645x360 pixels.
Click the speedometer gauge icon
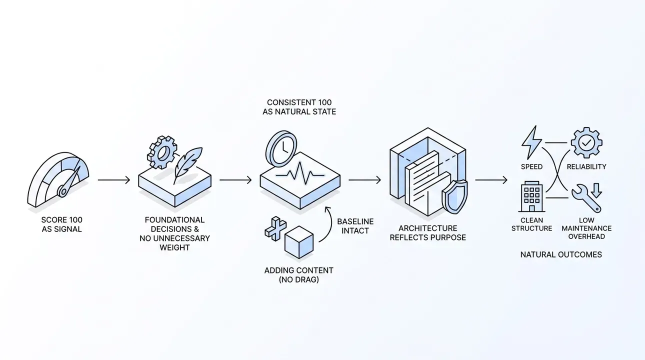[x=58, y=179]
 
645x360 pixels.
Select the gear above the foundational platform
[x=162, y=152]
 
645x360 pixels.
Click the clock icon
[x=281, y=148]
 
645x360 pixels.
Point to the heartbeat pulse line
[x=300, y=173]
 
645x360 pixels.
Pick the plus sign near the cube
[x=275, y=228]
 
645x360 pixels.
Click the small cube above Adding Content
[x=299, y=242]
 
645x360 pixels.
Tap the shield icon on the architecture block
[x=454, y=196]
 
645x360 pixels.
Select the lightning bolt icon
[x=531, y=142]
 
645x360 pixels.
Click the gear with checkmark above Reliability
[x=586, y=142]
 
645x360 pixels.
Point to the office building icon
[x=532, y=196]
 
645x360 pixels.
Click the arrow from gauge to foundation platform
[x=114, y=180]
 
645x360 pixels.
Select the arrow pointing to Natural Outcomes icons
[x=491, y=180]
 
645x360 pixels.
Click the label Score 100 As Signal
[x=61, y=224]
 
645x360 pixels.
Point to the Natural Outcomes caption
[x=561, y=254]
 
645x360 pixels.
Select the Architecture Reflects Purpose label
[x=427, y=232]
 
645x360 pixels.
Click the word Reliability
[x=586, y=167]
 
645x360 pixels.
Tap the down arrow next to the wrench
[x=596, y=190]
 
